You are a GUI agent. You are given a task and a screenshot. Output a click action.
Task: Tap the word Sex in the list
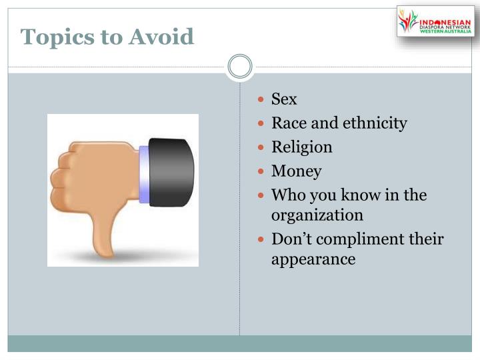click(284, 100)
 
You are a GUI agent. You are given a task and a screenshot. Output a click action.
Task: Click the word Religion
click(301, 147)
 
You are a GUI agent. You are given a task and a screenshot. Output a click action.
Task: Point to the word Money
click(296, 171)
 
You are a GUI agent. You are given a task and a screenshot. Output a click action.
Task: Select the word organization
click(317, 215)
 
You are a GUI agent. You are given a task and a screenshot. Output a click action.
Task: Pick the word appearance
click(313, 259)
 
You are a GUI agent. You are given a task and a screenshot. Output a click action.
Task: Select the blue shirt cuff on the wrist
click(144, 172)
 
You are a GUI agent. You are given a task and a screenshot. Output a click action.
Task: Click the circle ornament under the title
click(240, 66)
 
